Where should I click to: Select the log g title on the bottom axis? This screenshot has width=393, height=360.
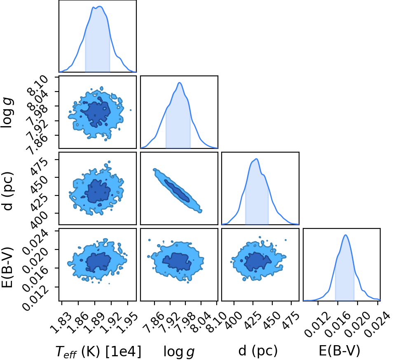click(179, 351)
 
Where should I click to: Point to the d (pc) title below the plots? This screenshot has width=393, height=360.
click(258, 350)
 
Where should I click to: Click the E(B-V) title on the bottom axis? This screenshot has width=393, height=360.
click(339, 350)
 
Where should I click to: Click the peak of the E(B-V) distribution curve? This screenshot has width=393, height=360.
click(346, 235)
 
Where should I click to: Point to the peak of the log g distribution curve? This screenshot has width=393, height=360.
click(179, 82)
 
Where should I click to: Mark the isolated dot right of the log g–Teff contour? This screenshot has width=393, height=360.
click(131, 110)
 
